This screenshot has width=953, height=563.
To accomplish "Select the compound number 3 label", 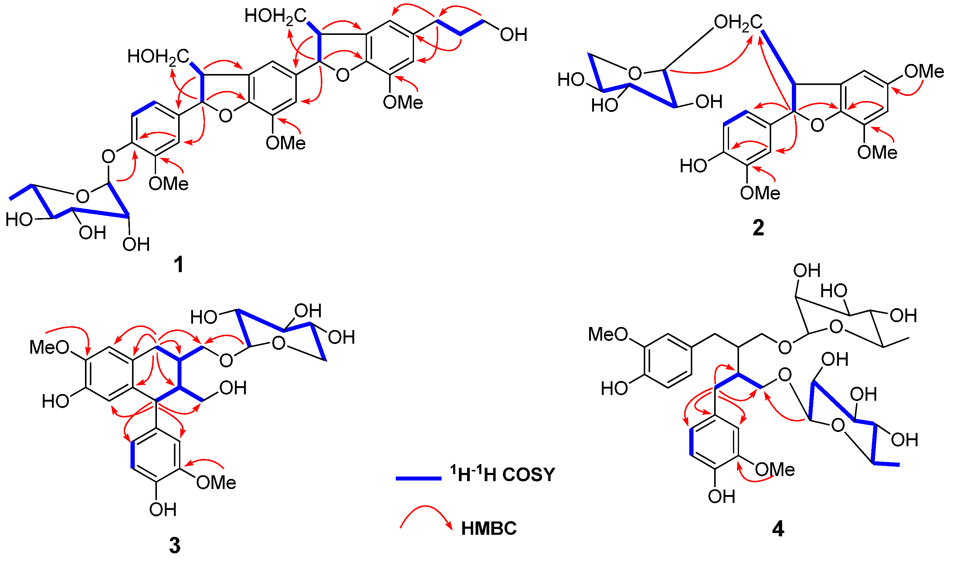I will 175,545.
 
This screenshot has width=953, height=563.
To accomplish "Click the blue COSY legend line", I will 418,478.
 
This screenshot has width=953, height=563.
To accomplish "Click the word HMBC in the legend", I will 489,528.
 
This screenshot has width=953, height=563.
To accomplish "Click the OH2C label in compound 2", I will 738,23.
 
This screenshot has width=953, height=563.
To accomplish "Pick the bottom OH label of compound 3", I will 163,510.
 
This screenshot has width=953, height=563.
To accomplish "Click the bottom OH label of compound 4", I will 721,496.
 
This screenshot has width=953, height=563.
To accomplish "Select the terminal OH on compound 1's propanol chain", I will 514,35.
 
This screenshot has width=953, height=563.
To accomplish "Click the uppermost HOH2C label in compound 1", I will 275,16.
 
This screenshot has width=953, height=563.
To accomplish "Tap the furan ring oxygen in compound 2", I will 817,125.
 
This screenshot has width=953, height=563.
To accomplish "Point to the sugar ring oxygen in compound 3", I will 279,343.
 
